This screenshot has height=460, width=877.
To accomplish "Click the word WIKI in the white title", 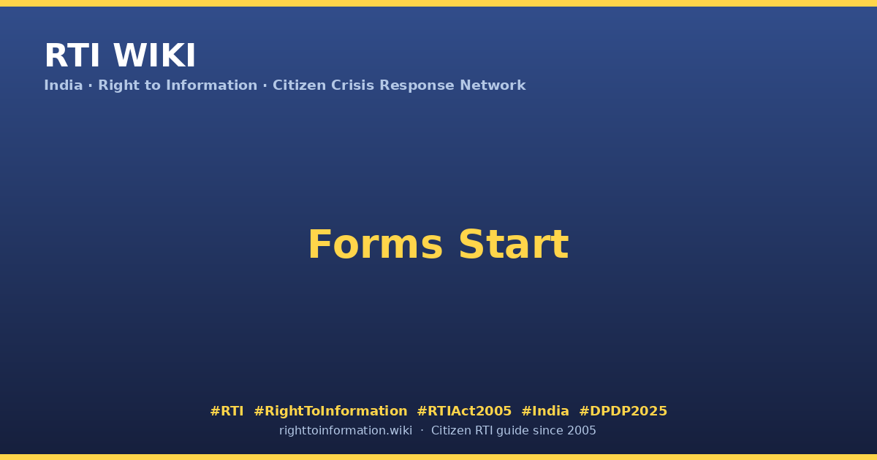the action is tap(154, 55).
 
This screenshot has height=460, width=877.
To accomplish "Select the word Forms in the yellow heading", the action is tap(376, 245).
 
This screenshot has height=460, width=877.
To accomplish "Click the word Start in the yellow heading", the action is tap(514, 245).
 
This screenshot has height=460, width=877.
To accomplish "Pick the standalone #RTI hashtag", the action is tap(227, 411).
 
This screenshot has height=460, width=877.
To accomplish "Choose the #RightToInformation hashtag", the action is tap(330, 411).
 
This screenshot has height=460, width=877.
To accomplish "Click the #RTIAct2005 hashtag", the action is tap(464, 411).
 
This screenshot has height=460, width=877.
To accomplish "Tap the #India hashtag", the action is tap(545, 411).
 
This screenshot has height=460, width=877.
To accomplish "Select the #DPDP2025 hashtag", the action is tap(623, 411).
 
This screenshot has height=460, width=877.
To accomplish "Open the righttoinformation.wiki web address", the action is tap(346, 431).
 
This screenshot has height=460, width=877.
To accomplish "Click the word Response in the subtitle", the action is tap(417, 85).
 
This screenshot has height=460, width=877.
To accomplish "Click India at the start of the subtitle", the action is tap(64, 85).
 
